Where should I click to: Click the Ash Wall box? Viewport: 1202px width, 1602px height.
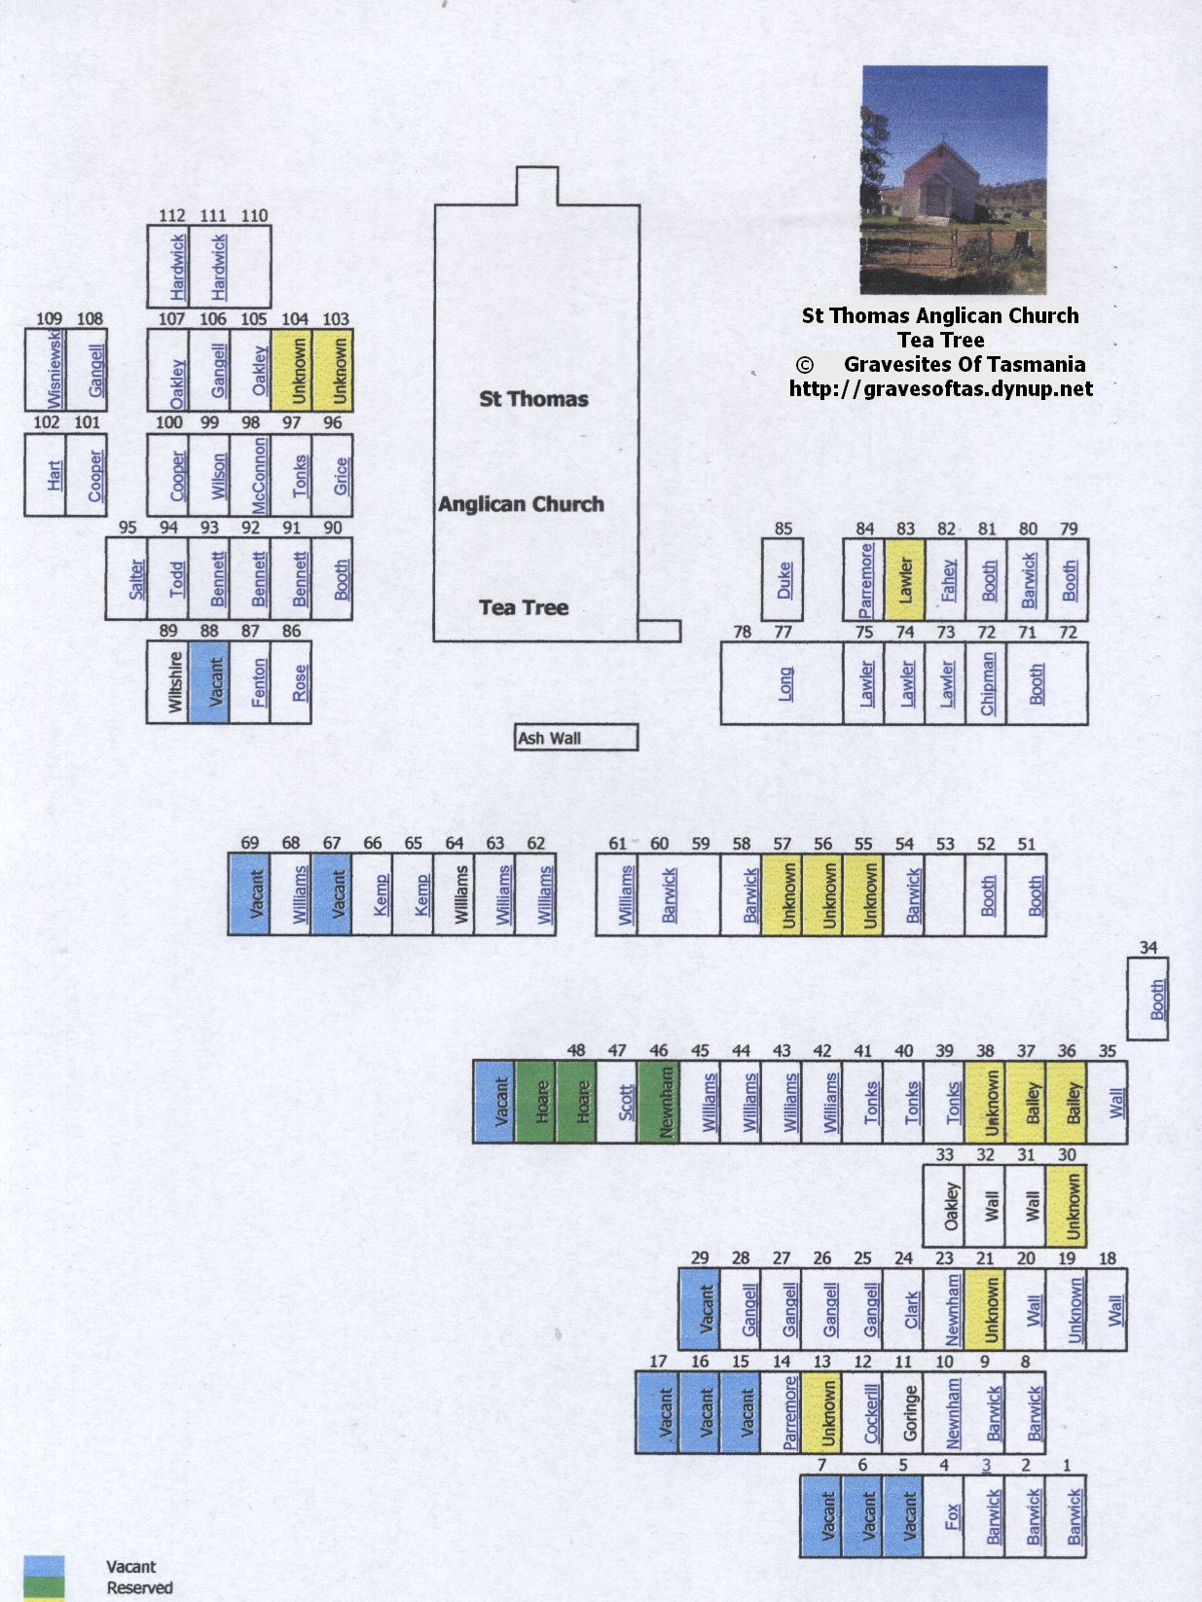576,737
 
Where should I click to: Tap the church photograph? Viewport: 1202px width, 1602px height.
955,179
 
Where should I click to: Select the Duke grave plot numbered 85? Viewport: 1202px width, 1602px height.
783,579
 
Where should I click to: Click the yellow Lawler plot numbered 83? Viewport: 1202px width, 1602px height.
905,579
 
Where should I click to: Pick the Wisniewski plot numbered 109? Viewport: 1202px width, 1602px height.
45,369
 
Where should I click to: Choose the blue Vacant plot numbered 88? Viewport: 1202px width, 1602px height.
209,682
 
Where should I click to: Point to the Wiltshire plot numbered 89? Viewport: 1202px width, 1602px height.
167,682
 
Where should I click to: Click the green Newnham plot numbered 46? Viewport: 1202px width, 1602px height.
659,1102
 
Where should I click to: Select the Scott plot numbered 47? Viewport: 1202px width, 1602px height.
617,1102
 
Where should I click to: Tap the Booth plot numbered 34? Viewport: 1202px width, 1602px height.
1148,999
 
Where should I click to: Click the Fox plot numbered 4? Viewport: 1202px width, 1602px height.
944,1516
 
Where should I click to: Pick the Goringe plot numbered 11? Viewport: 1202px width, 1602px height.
903,1412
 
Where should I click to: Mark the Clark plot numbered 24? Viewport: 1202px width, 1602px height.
903,1309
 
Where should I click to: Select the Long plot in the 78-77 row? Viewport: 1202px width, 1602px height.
783,683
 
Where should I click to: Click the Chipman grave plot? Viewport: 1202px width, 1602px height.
987,683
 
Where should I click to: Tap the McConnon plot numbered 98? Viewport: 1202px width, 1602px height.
250,475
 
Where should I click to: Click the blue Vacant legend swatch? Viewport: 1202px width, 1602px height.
44,1566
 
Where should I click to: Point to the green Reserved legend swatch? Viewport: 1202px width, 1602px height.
44,1586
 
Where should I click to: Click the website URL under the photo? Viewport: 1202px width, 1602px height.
941,389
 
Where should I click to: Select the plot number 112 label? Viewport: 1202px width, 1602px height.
172,215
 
